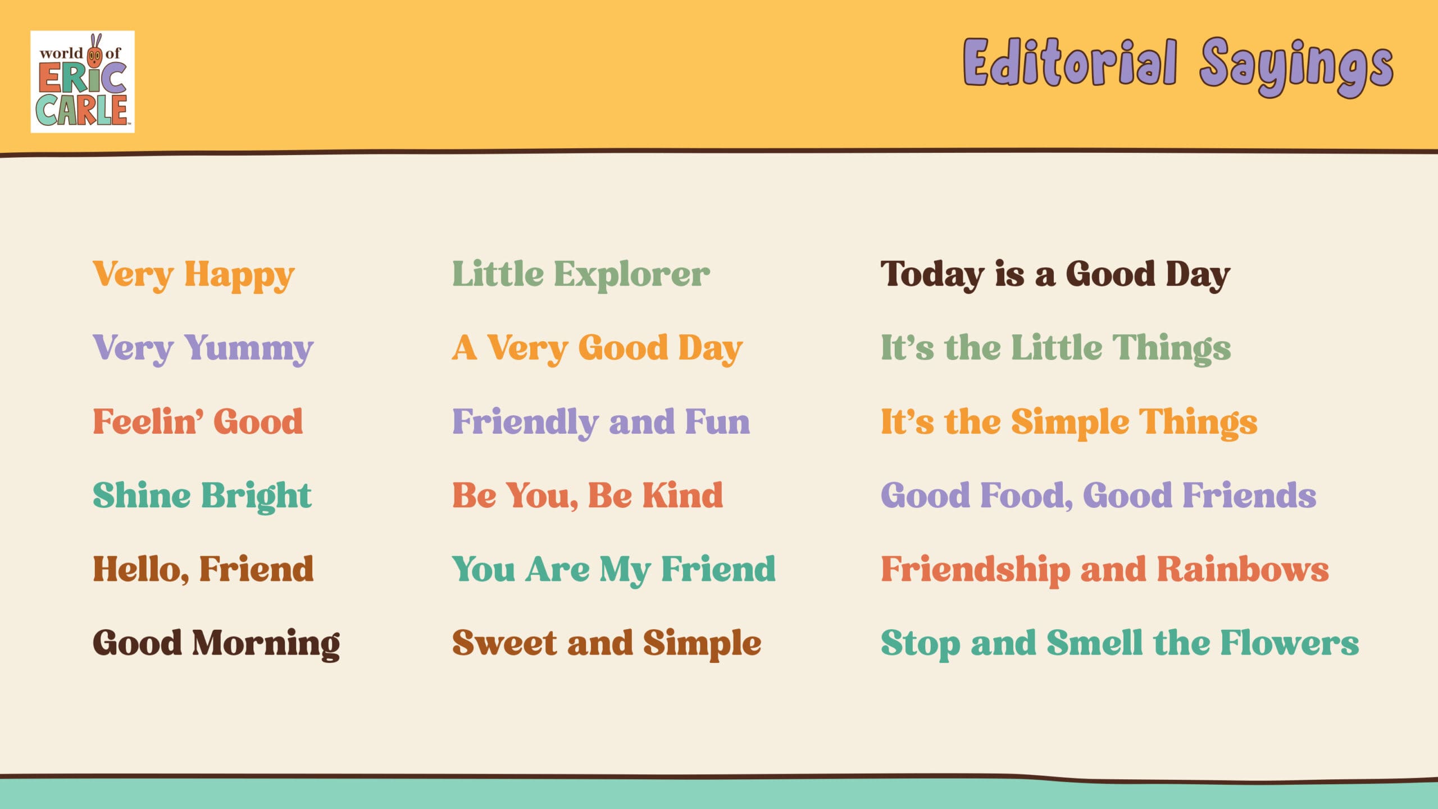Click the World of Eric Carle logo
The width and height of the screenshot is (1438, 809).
[83, 81]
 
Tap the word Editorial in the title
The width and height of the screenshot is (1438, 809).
[1070, 62]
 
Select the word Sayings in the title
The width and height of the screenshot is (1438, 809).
[1296, 67]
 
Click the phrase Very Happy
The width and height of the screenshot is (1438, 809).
[194, 275]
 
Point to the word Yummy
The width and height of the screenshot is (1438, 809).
[249, 349]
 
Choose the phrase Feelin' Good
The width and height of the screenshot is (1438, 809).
[198, 422]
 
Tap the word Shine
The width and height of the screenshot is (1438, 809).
[142, 495]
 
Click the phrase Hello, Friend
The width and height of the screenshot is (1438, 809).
[203, 569]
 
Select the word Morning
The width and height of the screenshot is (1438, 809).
[266, 644]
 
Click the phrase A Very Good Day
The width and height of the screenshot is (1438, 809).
[598, 349]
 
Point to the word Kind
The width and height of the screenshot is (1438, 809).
[682, 495]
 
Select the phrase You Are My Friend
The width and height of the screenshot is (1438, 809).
[614, 570]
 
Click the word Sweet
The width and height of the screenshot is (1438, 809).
[505, 643]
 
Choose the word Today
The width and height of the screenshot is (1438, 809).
[932, 275]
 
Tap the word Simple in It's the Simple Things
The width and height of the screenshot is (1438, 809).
[1071, 423]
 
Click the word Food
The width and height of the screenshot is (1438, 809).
[1027, 496]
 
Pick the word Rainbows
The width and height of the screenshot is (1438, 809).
[1243, 569]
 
